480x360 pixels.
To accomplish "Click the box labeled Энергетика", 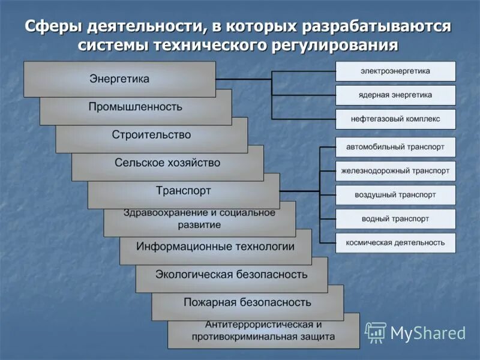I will [119, 79].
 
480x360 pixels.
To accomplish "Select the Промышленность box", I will [136, 107].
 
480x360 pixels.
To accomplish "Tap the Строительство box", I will [151, 134].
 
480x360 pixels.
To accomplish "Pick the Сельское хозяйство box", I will [167, 163].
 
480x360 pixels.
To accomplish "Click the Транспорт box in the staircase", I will [184, 191].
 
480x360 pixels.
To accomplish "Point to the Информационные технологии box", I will [215, 247].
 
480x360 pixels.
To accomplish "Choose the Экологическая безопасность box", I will [232, 275].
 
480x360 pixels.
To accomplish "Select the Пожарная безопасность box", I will [247, 302].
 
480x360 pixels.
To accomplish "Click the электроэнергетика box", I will [395, 71].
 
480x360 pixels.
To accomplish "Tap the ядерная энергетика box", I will [395, 95].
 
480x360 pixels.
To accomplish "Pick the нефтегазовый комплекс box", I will [395, 119].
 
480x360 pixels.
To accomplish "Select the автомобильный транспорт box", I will [395, 147].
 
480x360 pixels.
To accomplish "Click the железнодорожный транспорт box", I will [395, 171].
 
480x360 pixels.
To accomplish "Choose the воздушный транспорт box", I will [395, 195].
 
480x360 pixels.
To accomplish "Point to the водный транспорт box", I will [395, 219].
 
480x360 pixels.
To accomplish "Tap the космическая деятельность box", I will [395, 243].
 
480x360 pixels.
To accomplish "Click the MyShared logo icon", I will [376, 332].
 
